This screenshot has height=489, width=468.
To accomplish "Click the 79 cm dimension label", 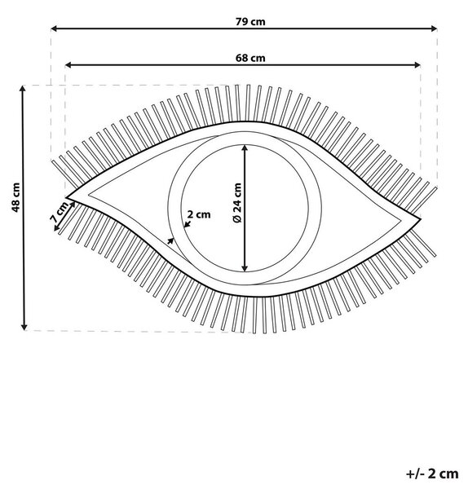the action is pos(250,22).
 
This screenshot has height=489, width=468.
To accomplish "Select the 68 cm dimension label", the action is pos(250,58).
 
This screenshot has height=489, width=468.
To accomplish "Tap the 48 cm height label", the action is pos(15,197).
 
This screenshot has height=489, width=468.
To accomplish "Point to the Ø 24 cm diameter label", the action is pos(237,203).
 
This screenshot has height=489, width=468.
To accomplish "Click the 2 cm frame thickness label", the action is pos(199,214).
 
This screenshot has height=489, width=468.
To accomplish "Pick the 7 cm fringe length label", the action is pos(60,212).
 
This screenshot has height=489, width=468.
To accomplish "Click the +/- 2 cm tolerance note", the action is pos(432,474).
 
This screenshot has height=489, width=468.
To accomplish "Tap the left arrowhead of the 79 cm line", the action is pos(54,29).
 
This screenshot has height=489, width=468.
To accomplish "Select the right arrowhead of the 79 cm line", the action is pos(434,29).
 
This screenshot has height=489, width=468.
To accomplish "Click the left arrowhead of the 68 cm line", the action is pos(68,65).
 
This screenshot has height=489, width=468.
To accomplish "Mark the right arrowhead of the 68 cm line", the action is pos(417,65).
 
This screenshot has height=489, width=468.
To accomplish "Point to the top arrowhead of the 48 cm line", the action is pos(23,89).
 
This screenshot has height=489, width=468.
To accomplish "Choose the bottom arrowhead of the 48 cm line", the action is pos(24,327).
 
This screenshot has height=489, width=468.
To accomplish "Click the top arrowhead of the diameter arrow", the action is pos(245,148).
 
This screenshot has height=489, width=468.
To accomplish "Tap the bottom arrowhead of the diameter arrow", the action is pos(245,268).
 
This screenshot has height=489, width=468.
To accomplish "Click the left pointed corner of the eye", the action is pos(67,197).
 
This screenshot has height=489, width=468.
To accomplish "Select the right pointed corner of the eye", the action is pos(420,219).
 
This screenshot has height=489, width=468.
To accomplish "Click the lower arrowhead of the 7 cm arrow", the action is pos(56,228).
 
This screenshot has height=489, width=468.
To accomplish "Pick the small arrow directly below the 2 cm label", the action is pos(188,223).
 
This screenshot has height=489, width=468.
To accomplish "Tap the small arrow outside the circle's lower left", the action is pos(170,240).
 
